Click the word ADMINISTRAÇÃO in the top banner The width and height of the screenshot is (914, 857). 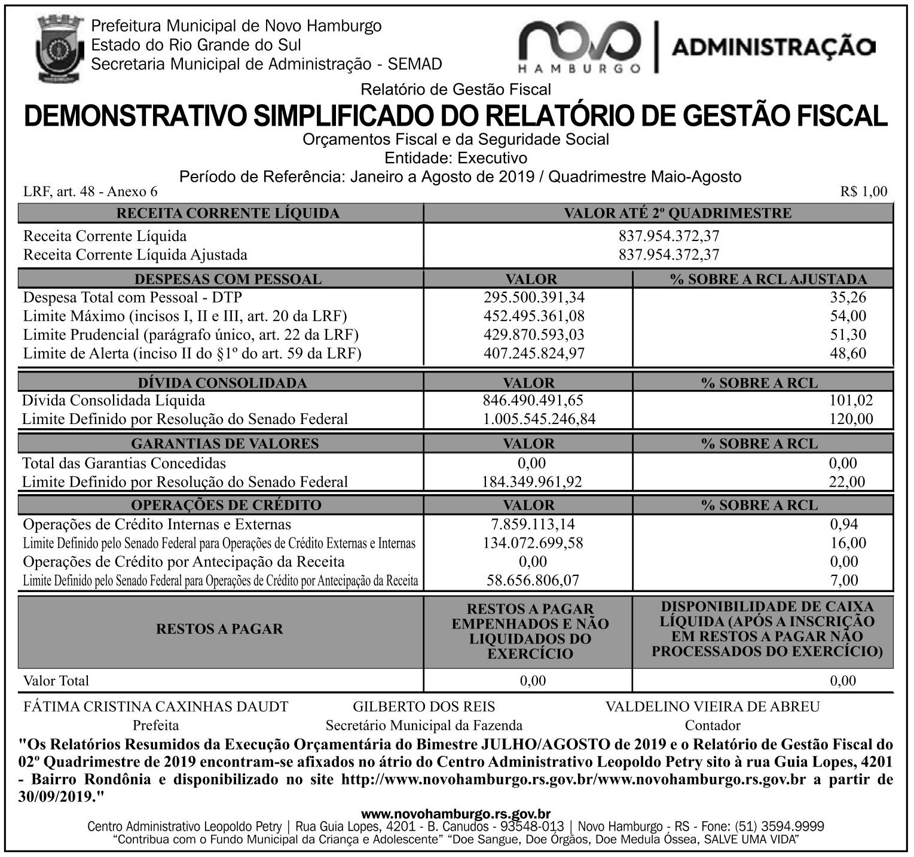774,47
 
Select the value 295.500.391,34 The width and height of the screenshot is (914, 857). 534,297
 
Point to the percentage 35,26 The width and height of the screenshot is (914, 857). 848,297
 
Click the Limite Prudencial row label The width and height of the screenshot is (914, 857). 191,334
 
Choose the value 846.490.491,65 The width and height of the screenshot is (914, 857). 533,400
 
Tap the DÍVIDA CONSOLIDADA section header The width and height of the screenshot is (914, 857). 222,383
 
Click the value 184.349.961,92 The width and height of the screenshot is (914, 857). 532,481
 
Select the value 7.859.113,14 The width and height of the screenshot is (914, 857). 533,524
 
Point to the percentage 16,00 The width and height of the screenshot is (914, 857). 848,543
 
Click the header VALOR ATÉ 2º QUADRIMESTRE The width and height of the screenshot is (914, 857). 677,213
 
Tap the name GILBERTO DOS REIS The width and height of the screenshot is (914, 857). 424,707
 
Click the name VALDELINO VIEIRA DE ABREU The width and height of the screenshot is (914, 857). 713,707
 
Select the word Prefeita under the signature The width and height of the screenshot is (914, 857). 155,725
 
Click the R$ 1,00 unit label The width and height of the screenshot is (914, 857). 863,191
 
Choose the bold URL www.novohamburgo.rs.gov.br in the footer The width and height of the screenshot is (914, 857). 456,814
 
